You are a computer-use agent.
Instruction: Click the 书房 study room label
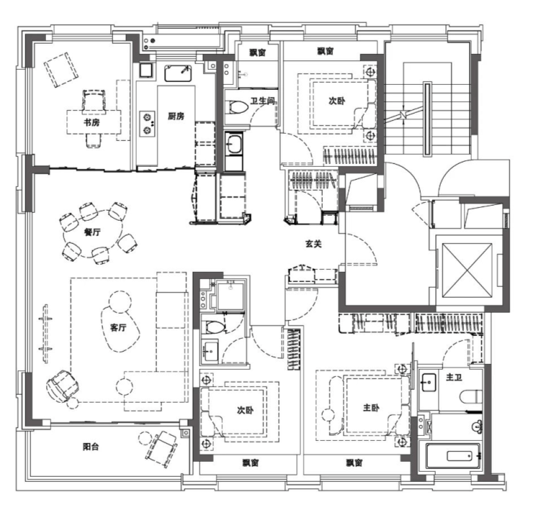point(91,122)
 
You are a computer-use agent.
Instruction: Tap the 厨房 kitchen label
point(176,117)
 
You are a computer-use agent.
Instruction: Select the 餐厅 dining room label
point(92,232)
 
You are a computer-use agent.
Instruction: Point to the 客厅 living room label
point(118,328)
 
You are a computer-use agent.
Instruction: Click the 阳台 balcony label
point(91,447)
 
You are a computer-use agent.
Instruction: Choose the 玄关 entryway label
point(313,244)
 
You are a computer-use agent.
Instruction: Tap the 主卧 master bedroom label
point(371,407)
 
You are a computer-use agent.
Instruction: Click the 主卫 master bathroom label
point(454,377)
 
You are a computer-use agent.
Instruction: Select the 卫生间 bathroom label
point(262,101)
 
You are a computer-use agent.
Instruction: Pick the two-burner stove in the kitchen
point(147,124)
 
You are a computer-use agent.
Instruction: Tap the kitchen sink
point(178,73)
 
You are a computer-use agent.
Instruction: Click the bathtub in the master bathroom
point(454,455)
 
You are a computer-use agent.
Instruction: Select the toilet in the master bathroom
point(470,396)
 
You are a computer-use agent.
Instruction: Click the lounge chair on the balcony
point(162,449)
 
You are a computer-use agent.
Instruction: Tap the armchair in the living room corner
point(62,386)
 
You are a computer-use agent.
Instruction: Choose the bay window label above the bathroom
point(258,53)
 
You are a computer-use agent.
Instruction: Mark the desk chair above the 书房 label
point(94,100)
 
